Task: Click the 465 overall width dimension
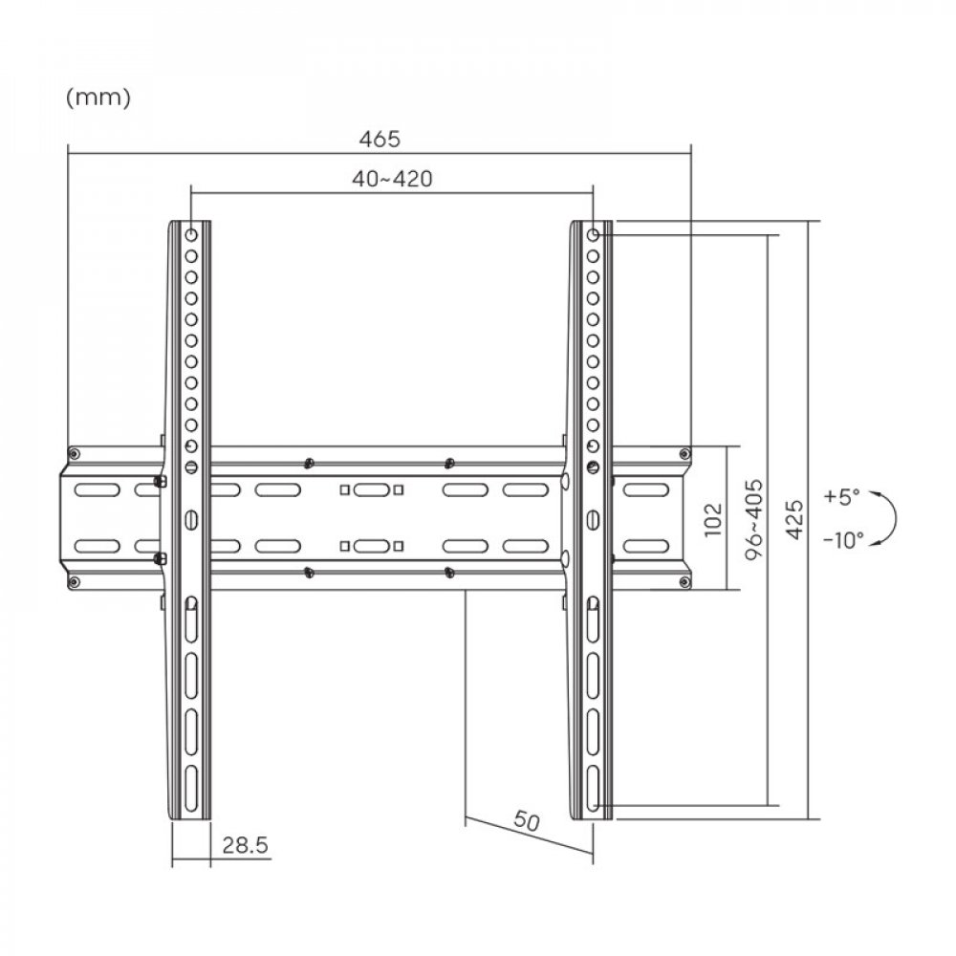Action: tap(380, 139)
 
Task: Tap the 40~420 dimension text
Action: tap(392, 179)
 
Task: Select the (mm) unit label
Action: tap(98, 97)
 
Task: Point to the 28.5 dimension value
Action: tap(245, 845)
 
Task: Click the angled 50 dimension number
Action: tap(526, 820)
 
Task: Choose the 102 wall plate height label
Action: tap(713, 519)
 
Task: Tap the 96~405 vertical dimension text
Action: tap(754, 519)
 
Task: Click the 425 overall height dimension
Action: tap(793, 519)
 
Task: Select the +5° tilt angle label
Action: tap(841, 496)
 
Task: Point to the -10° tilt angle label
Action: tap(843, 539)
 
